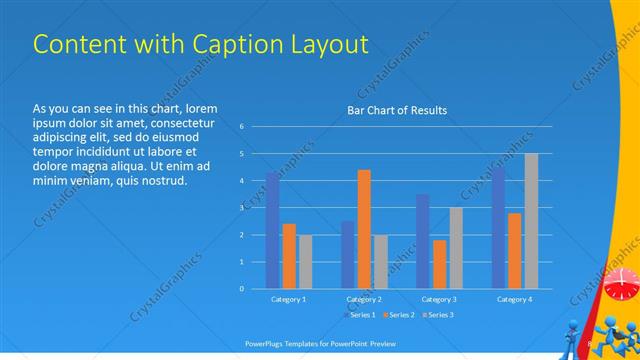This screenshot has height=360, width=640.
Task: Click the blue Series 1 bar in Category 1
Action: [272, 231]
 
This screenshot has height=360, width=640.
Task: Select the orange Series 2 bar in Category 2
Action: [363, 229]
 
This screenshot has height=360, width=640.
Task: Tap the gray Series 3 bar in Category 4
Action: [531, 221]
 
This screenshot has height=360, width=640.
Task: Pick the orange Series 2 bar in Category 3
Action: [439, 264]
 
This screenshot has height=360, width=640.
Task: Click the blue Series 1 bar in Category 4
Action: [498, 228]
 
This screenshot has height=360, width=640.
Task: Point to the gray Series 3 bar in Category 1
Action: [305, 262]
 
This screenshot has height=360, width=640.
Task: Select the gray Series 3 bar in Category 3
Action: [455, 248]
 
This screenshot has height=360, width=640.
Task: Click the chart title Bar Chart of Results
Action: [397, 110]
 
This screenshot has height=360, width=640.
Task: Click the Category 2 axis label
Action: [364, 299]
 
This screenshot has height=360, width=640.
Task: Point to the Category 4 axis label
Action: [514, 299]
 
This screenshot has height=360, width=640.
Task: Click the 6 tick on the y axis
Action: [241, 127]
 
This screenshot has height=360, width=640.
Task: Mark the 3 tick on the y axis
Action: [241, 208]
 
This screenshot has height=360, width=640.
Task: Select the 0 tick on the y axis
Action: [241, 289]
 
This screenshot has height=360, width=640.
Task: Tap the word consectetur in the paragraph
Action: [180, 122]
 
